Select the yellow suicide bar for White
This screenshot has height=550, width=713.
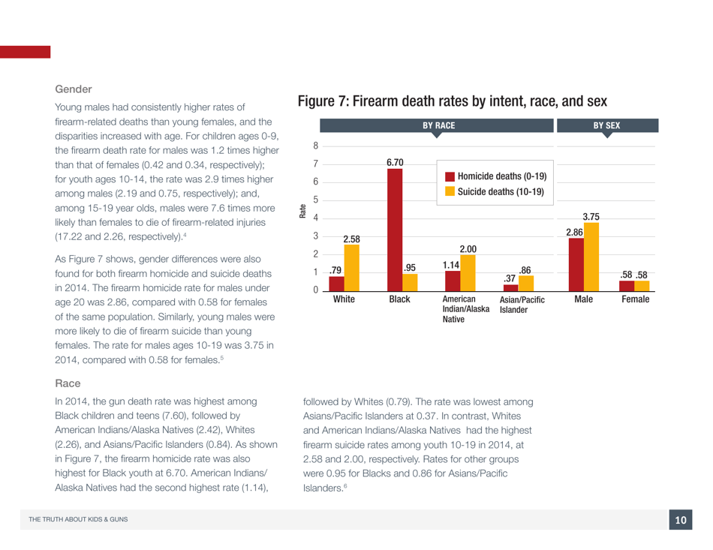point(351,266)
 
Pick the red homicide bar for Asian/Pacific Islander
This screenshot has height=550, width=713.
point(511,287)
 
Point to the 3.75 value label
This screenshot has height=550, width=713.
point(591,216)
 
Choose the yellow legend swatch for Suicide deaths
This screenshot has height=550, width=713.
point(450,192)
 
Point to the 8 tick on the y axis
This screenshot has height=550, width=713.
point(296,146)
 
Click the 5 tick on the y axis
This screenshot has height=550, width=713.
point(296,200)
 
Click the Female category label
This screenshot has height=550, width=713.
point(635,299)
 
